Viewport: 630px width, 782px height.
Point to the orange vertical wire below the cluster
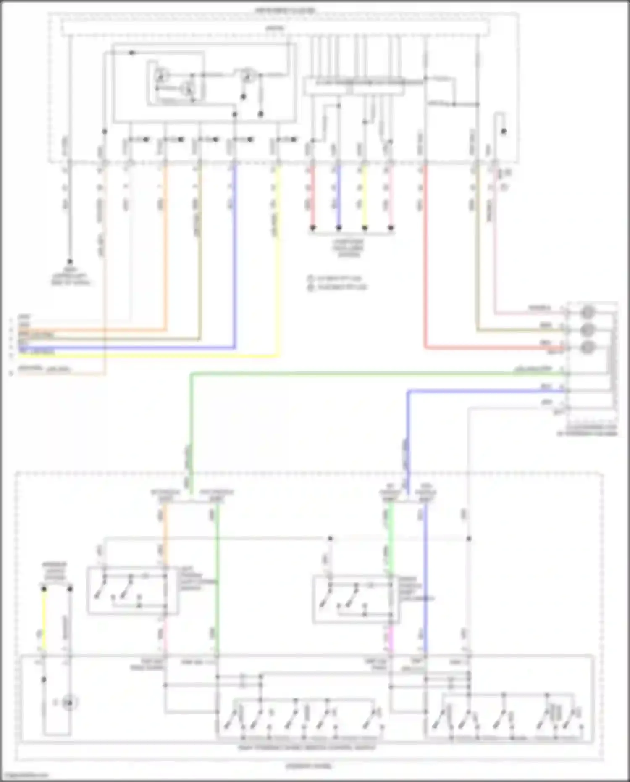tap(165, 252)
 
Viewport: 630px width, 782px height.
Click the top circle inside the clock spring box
tap(588, 312)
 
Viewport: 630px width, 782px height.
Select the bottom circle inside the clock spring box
tap(588, 348)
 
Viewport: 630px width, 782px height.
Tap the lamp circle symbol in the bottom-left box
tap(69, 703)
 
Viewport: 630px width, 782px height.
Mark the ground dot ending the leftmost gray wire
tap(70, 261)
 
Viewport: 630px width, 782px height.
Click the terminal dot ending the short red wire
tap(312, 228)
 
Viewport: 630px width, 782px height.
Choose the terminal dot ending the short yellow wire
tap(365, 228)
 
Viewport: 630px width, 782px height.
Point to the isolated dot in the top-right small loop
tap(503, 132)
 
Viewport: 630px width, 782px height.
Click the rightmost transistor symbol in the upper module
tap(249, 76)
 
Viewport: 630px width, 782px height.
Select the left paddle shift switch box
tap(132, 590)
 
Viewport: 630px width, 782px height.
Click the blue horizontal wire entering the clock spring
tap(483, 391)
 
